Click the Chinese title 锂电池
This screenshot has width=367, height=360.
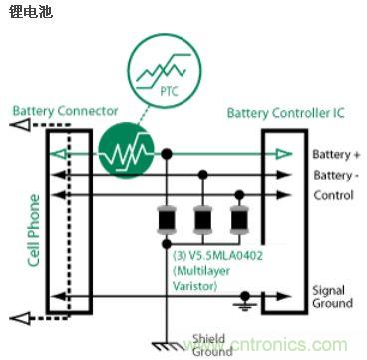(28, 14)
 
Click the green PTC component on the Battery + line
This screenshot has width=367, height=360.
(126, 154)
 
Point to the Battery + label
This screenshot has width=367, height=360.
(335, 154)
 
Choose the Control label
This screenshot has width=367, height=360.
(332, 194)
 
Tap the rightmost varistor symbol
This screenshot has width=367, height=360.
(239, 218)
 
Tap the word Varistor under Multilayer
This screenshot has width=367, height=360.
(195, 286)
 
